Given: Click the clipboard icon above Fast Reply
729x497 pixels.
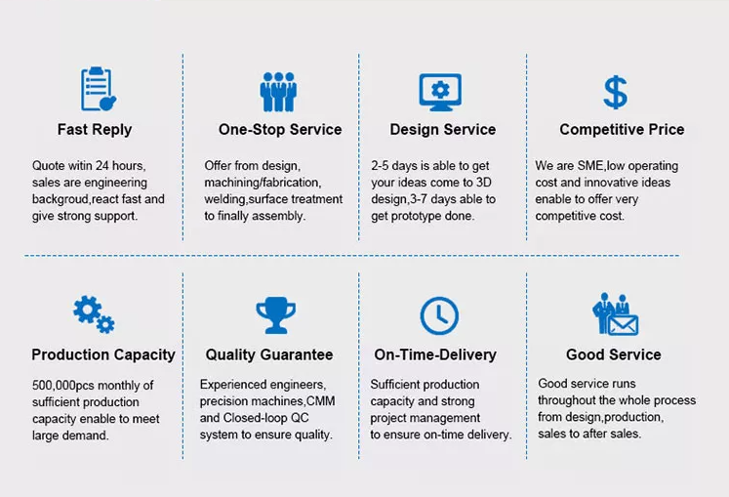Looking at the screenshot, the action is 99,89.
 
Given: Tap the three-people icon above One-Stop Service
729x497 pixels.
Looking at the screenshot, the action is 278,92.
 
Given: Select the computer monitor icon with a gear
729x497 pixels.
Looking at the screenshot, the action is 440,92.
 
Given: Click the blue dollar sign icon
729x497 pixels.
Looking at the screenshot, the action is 615,92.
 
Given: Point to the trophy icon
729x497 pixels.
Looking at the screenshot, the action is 276,315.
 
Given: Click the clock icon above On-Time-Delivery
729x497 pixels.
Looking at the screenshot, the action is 439,315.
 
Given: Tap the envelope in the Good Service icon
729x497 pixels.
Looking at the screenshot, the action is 623,325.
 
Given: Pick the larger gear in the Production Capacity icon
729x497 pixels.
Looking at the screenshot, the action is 87,310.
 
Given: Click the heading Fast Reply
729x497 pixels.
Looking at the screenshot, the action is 95,129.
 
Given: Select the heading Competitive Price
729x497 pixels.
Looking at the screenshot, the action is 622,129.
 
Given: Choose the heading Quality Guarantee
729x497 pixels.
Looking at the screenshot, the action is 269,354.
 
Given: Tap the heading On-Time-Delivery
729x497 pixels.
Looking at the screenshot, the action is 435,354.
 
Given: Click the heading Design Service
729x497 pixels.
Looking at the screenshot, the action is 443,129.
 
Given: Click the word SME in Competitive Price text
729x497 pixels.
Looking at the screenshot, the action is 590,166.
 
